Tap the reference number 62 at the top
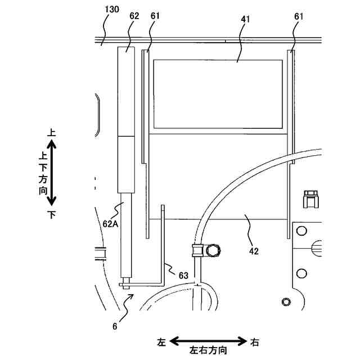coord(134,16)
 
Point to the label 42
coord(254,251)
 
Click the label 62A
coord(110,223)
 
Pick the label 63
coord(183,275)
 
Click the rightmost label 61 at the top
coord(298,16)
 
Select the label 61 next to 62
coord(155,16)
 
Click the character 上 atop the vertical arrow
coord(52,133)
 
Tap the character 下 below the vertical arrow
coord(52,214)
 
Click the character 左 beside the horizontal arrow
coord(162,341)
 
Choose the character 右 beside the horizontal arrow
coord(255,341)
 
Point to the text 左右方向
coord(209,350)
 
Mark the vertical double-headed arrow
coord(52,173)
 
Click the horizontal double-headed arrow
coord(209,341)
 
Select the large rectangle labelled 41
coord(218,93)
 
